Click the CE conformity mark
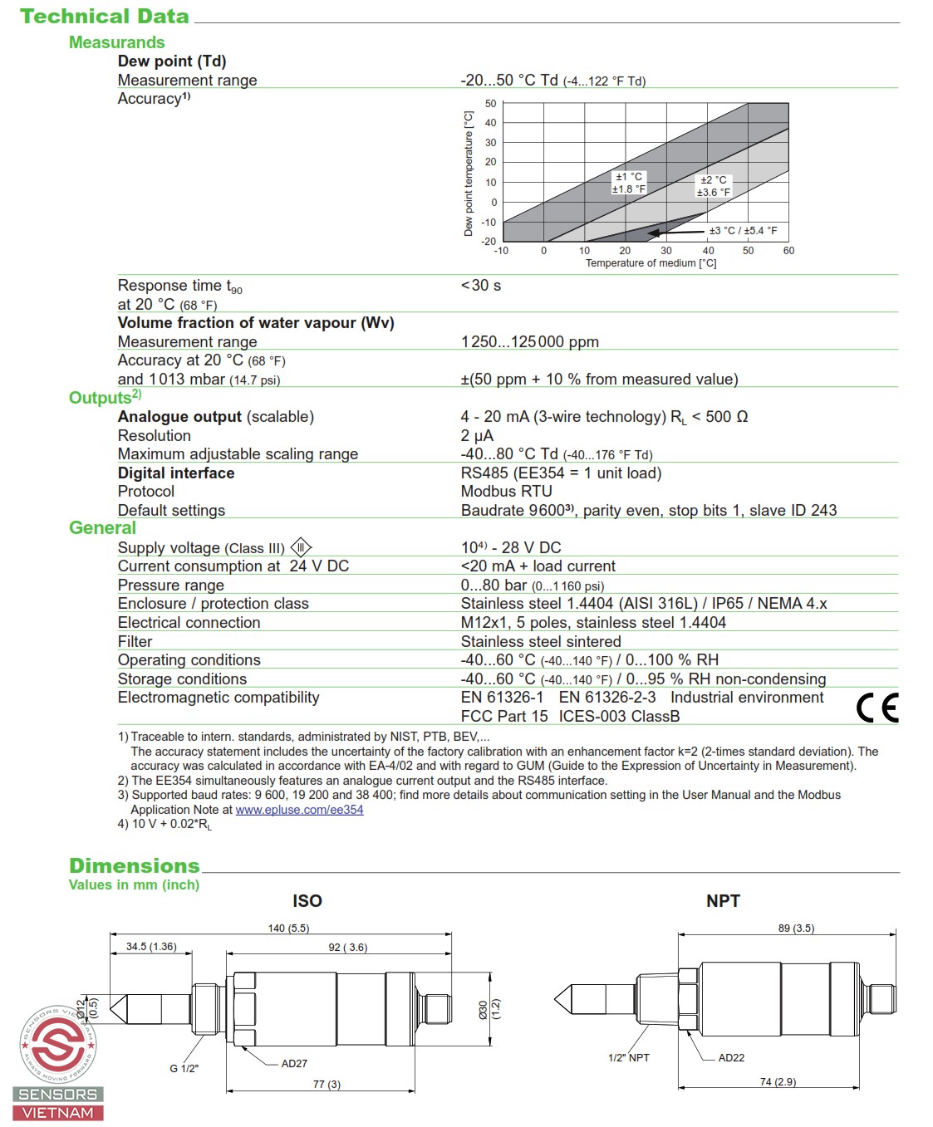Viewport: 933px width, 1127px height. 877,708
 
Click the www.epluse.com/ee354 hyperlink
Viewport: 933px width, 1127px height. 299,810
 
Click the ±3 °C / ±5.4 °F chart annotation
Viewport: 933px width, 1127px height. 743,231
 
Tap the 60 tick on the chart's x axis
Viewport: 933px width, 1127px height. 788,251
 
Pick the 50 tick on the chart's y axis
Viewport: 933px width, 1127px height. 490,104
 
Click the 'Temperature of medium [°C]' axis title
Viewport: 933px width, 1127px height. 651,263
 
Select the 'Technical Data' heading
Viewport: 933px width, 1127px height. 105,17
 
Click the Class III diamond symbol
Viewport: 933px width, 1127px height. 301,547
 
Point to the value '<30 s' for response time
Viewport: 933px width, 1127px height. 481,286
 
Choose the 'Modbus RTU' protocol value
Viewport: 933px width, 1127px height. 506,492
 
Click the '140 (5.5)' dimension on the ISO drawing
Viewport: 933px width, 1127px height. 288,929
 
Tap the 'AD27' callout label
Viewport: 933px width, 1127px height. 294,1064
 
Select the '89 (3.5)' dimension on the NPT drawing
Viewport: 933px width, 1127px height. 796,929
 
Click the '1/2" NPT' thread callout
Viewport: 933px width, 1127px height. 629,1058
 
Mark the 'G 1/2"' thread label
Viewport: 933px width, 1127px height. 184,1069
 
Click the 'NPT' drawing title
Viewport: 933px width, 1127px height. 723,901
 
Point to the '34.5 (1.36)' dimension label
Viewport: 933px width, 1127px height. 151,947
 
